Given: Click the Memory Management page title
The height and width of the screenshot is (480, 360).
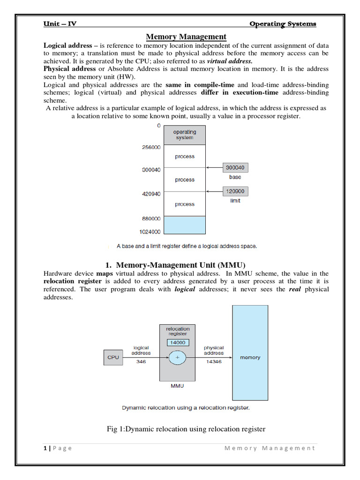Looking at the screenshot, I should point(186,37).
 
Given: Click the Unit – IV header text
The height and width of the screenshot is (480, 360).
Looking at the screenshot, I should point(60,24).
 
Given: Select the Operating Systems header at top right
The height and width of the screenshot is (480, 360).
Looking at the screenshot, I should point(282,24).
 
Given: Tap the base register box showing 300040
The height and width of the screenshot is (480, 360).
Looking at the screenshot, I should point(235,167).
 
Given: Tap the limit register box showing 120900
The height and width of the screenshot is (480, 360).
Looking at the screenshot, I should point(235,191).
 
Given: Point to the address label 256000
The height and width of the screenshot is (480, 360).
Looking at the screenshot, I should point(151,147).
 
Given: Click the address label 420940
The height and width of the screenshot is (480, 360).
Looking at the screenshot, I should point(151,193).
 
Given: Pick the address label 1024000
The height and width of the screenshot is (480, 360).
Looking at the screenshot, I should point(150,232).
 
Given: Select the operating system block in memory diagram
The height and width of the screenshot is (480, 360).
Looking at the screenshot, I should point(185,135).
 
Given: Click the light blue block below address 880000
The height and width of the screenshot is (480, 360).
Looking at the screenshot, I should point(185,225).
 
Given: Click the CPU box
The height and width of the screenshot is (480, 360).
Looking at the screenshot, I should point(113,357).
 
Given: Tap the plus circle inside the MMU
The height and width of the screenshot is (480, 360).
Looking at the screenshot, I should point(178,357).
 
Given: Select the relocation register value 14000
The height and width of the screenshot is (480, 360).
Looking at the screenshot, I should point(178,342).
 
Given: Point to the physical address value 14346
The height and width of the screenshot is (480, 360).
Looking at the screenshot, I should point(213,362).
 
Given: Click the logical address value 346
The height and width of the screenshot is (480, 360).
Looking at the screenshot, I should point(141,362).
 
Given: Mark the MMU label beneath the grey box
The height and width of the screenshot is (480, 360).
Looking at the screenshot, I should point(178,386).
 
